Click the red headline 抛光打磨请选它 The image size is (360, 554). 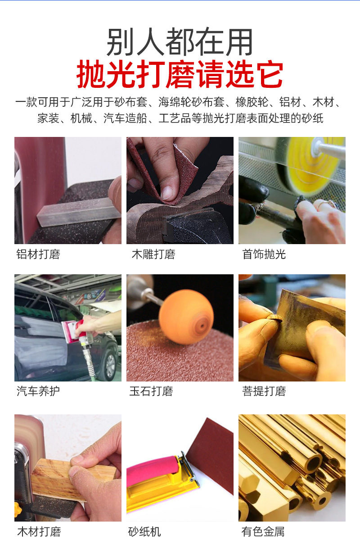tap(180, 74)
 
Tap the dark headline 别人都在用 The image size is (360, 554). tap(180, 43)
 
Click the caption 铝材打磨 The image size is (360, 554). tap(38, 254)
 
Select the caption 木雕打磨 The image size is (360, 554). tap(153, 254)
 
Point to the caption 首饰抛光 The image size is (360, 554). tap(264, 254)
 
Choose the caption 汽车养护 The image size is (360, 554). tap(38, 391)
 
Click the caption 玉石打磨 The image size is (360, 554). tap(151, 391)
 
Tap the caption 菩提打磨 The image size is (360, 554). tap(264, 391)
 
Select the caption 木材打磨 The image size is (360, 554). tap(39, 531)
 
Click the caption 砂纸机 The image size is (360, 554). tap(144, 531)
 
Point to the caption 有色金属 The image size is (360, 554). tap(263, 531)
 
